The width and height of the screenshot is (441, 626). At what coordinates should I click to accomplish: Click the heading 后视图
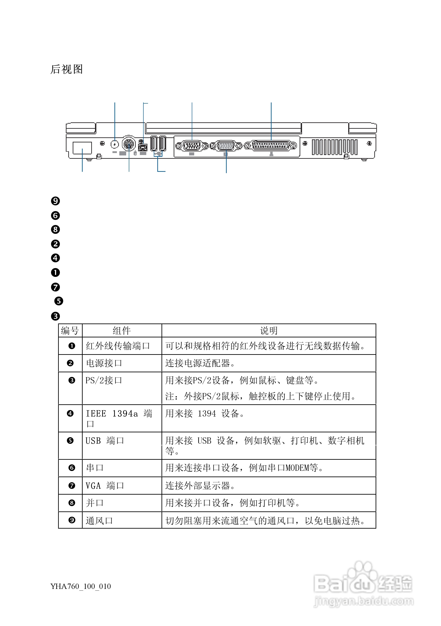[67, 69]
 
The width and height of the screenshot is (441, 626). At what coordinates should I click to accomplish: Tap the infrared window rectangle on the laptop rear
[82, 148]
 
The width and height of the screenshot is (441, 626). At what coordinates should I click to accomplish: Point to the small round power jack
[114, 144]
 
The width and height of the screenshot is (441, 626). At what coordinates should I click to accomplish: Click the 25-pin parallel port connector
[271, 145]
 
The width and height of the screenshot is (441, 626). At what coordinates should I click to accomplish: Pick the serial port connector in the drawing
[192, 146]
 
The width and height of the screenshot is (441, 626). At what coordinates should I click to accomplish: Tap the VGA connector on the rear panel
[226, 146]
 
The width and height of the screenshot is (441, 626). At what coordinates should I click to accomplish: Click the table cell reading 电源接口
[104, 363]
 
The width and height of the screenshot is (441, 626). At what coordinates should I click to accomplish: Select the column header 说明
[269, 331]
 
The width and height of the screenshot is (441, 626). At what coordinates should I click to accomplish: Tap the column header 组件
[122, 331]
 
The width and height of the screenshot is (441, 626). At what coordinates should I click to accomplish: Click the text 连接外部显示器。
[200, 486]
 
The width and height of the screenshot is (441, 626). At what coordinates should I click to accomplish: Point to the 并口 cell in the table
[95, 503]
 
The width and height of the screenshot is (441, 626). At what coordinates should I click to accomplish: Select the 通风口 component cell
[99, 520]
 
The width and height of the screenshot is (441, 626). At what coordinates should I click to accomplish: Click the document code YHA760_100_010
[81, 586]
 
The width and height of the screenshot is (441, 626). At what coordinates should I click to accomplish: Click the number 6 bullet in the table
[72, 468]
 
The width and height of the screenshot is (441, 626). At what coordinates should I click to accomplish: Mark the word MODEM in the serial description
[297, 468]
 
